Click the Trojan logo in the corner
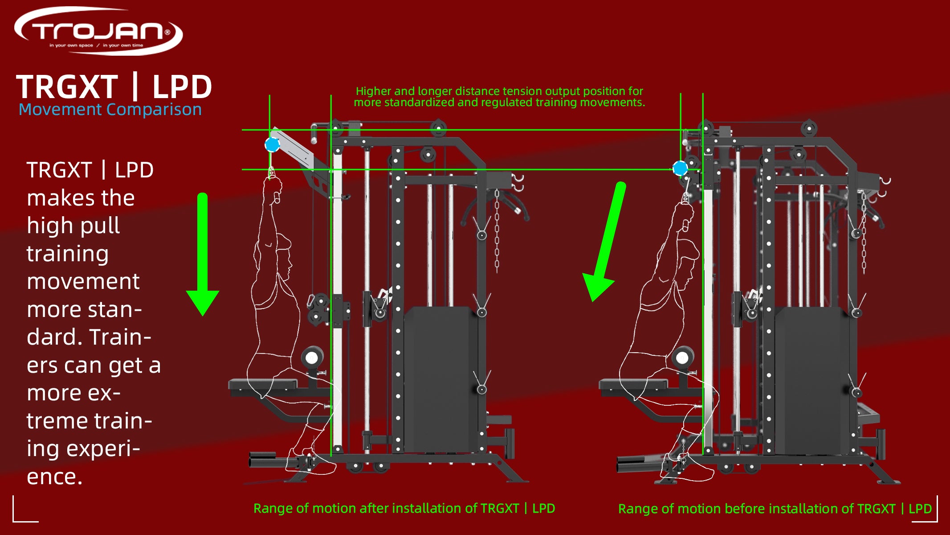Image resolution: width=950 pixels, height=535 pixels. [x=98, y=31]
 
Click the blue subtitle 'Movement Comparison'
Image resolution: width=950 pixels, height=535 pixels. [x=110, y=110]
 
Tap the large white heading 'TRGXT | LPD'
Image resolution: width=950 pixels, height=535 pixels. [x=114, y=86]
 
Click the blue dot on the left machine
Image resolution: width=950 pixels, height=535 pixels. [x=272, y=144]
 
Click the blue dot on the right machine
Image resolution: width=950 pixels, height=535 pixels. [x=680, y=168]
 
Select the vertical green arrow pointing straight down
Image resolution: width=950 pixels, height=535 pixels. [x=203, y=254]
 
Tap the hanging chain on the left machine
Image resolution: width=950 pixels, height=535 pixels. [x=497, y=232]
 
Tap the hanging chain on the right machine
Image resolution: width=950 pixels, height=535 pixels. [x=864, y=232]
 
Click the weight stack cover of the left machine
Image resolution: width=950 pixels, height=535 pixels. [x=439, y=379]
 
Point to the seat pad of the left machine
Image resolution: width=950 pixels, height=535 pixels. [x=263, y=384]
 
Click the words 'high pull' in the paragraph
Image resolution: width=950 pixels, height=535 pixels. [x=73, y=226]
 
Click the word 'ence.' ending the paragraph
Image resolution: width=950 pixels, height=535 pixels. [x=54, y=477]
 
